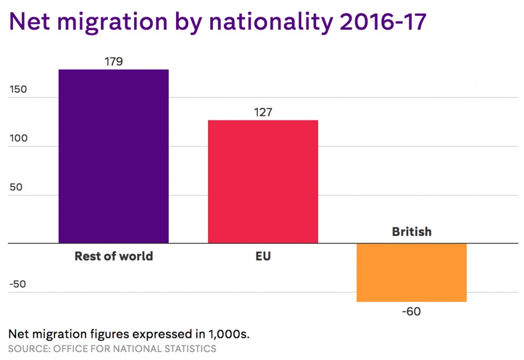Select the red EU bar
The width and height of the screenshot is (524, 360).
pyautogui.click(x=263, y=181)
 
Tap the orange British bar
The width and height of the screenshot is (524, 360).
pyautogui.click(x=411, y=272)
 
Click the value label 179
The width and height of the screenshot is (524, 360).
pyautogui.click(x=113, y=61)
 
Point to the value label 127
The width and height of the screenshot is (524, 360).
pyautogui.click(x=263, y=112)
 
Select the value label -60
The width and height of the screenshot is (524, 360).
pyautogui.click(x=411, y=311)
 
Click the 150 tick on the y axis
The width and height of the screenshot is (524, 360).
pyautogui.click(x=18, y=89)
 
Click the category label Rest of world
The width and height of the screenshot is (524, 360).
pyautogui.click(x=114, y=256)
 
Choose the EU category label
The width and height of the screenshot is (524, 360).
pyautogui.click(x=263, y=256)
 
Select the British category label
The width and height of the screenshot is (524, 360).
pyautogui.click(x=411, y=231)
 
